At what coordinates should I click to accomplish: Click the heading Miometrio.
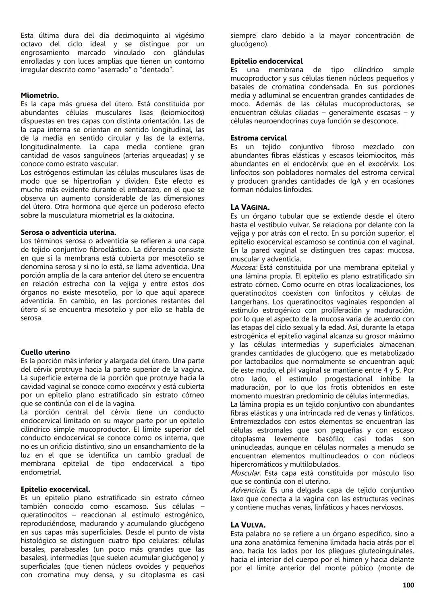(x=39, y=96)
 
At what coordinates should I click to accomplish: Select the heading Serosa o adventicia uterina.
(x=68, y=232)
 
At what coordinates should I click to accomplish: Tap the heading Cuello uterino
(x=45, y=352)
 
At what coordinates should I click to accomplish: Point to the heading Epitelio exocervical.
(x=55, y=489)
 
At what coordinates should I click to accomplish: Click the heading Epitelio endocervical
(x=266, y=61)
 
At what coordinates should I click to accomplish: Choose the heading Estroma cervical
(x=258, y=138)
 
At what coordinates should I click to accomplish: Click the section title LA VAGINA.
(x=250, y=207)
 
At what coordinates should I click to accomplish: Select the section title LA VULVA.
(x=248, y=525)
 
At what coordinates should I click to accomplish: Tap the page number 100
(x=408, y=585)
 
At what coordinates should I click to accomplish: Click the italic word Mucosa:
(x=244, y=267)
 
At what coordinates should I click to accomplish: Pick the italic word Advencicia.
(x=248, y=490)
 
